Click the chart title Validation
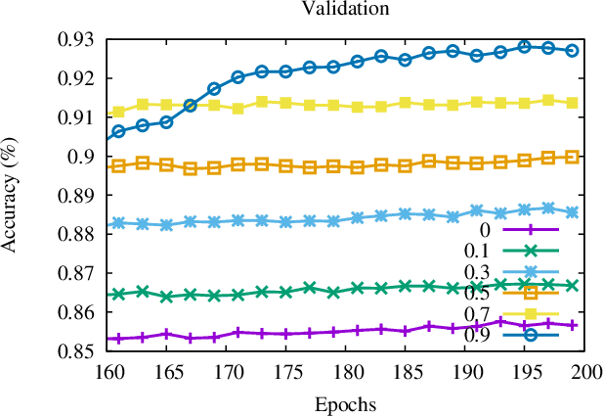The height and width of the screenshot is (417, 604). click(331, 10)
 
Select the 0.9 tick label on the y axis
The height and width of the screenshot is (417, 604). click(82, 157)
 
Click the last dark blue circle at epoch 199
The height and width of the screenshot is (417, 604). click(572, 50)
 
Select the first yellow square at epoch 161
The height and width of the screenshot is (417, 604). click(118, 112)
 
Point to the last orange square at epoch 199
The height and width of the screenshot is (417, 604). click(572, 157)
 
